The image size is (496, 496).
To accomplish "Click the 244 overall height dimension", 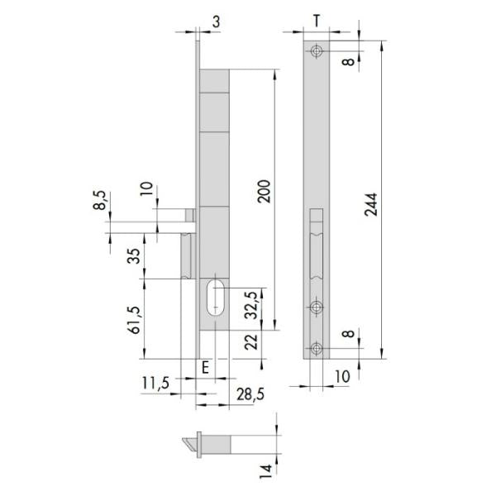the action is coord(371,205).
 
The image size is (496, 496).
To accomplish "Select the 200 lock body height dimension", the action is coord(265,192).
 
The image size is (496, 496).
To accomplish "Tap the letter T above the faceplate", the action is coord(317,21).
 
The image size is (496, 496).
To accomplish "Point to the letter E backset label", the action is coord(205,368).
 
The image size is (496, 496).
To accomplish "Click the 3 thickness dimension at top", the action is coord(216,21).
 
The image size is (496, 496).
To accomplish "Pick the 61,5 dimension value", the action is coord(135,320).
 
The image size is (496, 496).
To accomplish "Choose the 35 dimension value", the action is coord(133,256).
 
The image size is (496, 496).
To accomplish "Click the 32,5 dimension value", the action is coord(252,305).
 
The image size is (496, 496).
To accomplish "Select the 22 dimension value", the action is coord(251,342).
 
